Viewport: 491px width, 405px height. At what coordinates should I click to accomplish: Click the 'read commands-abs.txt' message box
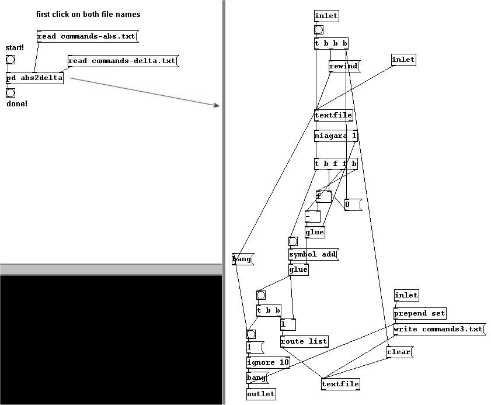pyautogui.click(x=86, y=37)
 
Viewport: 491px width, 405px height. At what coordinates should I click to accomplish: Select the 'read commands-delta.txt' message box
pyautogui.click(x=121, y=61)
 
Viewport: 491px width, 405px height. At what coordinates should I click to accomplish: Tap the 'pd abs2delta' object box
pyautogui.click(x=34, y=78)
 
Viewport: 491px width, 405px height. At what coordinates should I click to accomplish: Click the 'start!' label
pyautogui.click(x=15, y=47)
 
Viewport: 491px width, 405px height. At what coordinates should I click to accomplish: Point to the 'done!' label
pyautogui.click(x=17, y=103)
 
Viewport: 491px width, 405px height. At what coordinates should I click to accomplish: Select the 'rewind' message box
pyautogui.click(x=343, y=67)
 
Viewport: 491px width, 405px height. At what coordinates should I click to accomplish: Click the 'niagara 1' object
pyautogui.click(x=336, y=136)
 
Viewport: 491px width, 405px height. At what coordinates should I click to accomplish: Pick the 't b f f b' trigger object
pyautogui.click(x=336, y=164)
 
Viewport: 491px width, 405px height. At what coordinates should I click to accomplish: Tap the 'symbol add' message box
pyautogui.click(x=313, y=255)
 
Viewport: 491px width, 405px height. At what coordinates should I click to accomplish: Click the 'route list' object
pyautogui.click(x=304, y=341)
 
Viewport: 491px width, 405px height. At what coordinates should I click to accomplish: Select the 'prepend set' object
pyautogui.click(x=420, y=313)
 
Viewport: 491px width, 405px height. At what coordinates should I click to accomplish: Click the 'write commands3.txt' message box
pyautogui.click(x=438, y=329)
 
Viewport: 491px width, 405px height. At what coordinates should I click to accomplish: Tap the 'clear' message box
pyautogui.click(x=399, y=352)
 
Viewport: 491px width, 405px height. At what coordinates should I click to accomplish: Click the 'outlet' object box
pyautogui.click(x=260, y=394)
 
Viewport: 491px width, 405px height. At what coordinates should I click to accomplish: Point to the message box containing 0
pyautogui.click(x=352, y=205)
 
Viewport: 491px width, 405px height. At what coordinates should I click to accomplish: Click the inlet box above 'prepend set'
pyautogui.click(x=406, y=295)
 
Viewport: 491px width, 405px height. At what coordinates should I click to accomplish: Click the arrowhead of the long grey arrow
pyautogui.click(x=217, y=105)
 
